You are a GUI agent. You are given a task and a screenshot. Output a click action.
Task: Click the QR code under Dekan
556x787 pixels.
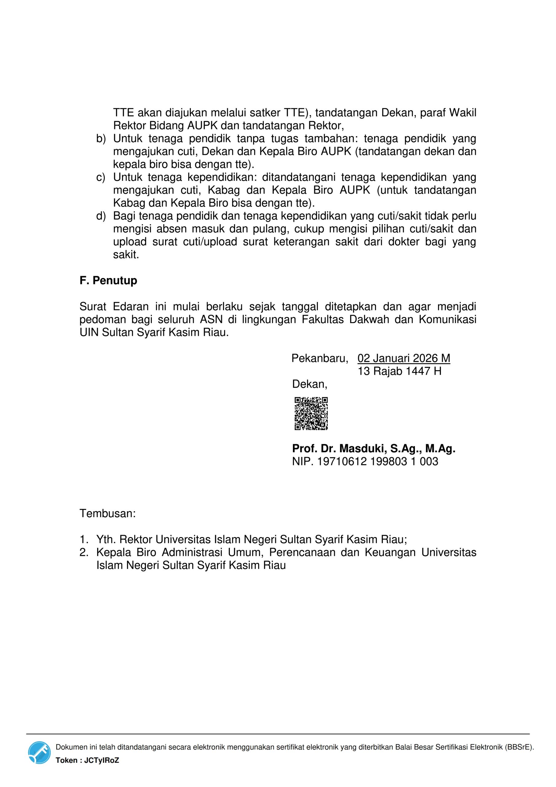point(311,413)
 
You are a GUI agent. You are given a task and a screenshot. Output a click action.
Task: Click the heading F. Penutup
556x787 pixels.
point(108,280)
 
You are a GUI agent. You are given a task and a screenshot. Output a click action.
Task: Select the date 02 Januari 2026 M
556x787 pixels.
point(404,358)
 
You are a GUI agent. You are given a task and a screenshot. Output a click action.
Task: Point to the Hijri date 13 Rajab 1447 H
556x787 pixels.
point(399,371)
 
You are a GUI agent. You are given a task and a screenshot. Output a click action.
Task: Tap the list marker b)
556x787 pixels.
point(101,139)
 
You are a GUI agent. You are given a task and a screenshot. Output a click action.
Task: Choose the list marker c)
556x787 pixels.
point(101,178)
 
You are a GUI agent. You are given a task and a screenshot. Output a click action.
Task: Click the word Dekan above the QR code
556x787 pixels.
point(310,384)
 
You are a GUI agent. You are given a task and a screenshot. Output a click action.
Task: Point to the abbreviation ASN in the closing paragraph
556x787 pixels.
point(211,319)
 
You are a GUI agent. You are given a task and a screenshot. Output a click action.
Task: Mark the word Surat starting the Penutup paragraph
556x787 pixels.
point(93,306)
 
